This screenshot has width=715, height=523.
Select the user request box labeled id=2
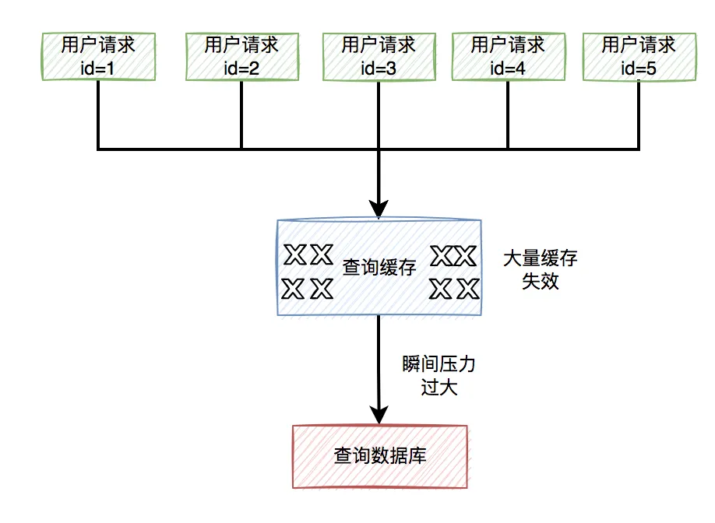(x=241, y=55)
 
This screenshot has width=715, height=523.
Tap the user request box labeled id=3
(x=379, y=55)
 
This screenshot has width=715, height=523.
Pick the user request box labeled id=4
(x=508, y=55)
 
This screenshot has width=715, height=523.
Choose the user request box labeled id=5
(x=639, y=55)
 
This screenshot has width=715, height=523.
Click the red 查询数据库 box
(x=379, y=456)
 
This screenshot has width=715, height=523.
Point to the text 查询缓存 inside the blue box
(x=379, y=268)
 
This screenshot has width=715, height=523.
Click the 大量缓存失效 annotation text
(x=540, y=269)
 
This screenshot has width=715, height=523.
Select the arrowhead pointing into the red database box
(x=379, y=414)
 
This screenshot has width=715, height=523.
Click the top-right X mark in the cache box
(x=466, y=254)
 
